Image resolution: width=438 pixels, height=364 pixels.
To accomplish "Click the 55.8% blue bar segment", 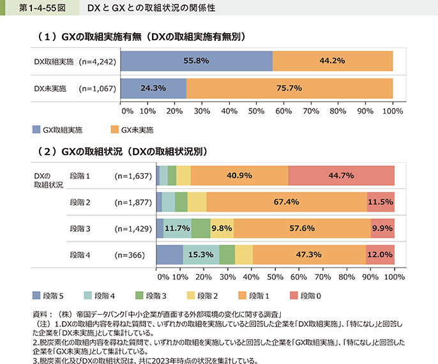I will [x=196, y=61].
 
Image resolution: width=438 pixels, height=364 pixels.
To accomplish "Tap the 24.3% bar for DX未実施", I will [x=153, y=88].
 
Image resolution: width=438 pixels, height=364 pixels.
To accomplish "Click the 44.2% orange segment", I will [x=332, y=61].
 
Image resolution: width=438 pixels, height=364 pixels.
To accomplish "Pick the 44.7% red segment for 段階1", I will [x=341, y=175].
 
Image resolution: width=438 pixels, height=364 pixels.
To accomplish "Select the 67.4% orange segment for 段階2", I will [x=286, y=202].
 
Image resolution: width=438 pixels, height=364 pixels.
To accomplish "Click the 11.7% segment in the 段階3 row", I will [x=177, y=228].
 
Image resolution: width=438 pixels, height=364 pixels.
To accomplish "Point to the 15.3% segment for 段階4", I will [x=201, y=255].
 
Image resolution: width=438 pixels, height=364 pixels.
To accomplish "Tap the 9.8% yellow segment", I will [x=221, y=228].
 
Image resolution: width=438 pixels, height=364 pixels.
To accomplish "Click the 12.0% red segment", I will [x=380, y=255].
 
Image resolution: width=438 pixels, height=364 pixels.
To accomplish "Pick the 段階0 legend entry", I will [x=307, y=296].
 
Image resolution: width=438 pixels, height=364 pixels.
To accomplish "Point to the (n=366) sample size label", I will [x=130, y=255].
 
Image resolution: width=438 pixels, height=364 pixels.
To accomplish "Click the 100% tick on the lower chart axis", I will [x=395, y=278].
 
